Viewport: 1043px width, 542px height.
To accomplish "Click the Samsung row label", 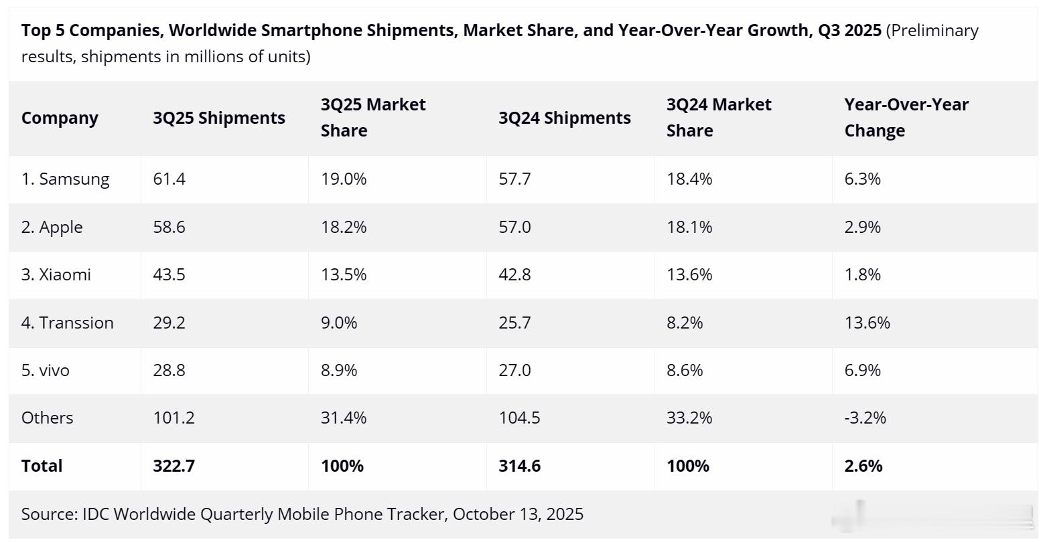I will click(65, 179).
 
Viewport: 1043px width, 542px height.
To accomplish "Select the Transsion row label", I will click(67, 323).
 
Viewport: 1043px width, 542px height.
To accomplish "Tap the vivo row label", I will click(45, 371).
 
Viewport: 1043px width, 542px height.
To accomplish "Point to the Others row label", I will click(47, 418).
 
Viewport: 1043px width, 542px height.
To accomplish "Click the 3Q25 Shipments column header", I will click(218, 118).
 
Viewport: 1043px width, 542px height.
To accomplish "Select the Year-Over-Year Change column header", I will click(906, 118).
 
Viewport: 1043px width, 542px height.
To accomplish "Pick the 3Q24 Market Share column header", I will click(718, 118).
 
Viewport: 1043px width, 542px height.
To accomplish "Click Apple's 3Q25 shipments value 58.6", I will click(169, 228).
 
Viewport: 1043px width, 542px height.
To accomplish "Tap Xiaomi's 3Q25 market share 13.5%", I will click(343, 275).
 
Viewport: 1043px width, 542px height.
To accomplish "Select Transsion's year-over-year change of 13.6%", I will click(867, 323).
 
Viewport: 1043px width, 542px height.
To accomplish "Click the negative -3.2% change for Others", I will click(865, 418).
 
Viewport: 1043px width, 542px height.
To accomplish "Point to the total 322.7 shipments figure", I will click(173, 466).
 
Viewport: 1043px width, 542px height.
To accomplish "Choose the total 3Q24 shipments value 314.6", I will click(519, 466).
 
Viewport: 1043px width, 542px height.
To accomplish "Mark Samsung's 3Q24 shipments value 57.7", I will click(514, 179).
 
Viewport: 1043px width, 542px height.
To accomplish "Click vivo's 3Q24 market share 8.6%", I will click(685, 371).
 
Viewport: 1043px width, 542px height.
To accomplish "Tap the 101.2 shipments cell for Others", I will click(173, 418).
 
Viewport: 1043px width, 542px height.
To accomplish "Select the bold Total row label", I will click(42, 466).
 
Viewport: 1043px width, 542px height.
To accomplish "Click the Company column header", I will click(60, 118).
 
